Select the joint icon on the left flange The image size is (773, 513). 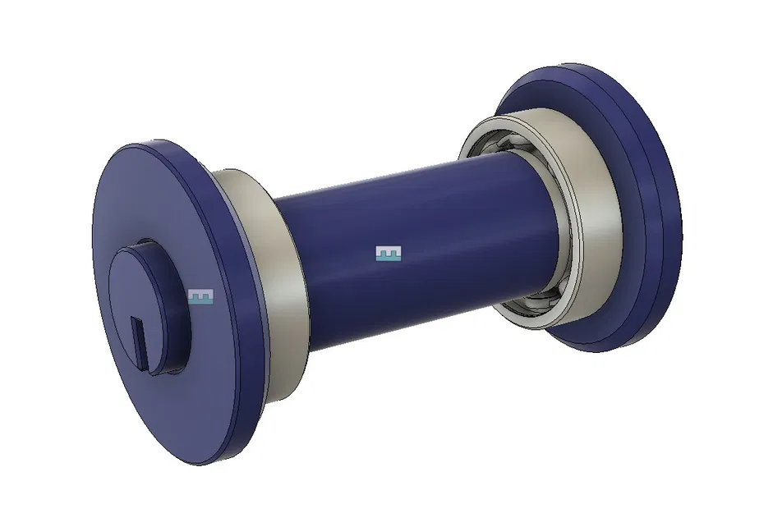point(200,296)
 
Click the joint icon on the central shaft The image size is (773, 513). point(388,254)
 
